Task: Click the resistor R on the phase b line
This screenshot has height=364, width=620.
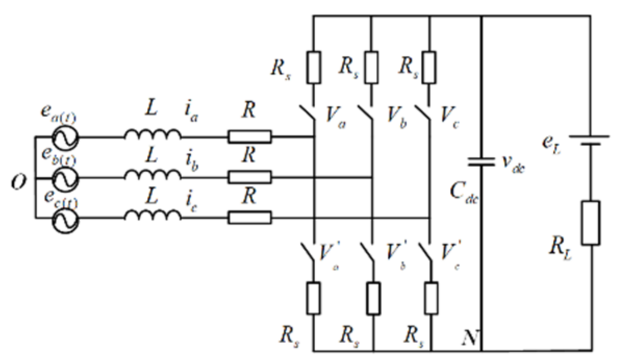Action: [x=250, y=177]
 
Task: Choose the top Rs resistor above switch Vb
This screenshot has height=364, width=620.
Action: [x=371, y=66]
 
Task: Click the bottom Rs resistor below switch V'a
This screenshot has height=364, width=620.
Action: [x=313, y=298]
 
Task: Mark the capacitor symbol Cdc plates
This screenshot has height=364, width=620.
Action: [x=481, y=162]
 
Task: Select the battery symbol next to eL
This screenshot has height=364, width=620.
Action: [x=589, y=141]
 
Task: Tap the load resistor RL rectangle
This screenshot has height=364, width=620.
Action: [x=590, y=223]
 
